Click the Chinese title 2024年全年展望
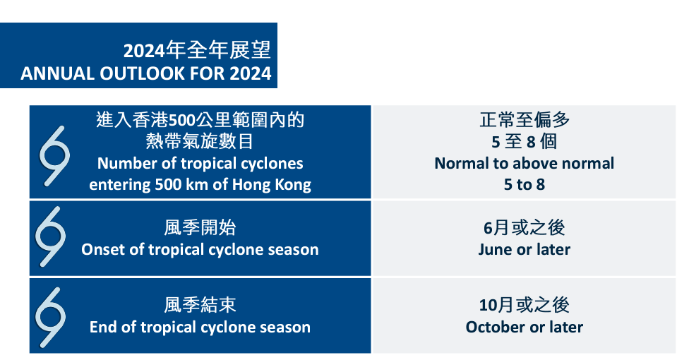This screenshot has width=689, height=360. pos(197,50)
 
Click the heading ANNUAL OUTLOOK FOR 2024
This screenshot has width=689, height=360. pos(146,73)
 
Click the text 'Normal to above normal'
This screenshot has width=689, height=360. pos(525,163)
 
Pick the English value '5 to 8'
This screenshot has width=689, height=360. pos(525,184)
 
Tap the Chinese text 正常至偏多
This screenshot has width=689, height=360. pos(525,119)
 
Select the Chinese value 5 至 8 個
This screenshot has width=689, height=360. pos(525,142)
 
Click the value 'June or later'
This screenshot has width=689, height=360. pos(525,249)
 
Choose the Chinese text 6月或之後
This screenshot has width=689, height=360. pos(525,228)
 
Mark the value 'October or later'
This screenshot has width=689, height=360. pos(525,327)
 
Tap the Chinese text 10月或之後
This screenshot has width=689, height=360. pos(525,305)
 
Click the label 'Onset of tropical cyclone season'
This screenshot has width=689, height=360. pos(200,249)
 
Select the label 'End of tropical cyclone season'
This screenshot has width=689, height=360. pos(200,327)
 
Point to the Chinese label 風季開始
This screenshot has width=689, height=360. pos(200,228)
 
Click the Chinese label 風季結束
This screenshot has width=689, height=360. pos(200,305)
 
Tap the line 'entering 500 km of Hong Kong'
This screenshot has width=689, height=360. pos(200,184)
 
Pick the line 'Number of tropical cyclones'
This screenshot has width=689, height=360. pos(200,163)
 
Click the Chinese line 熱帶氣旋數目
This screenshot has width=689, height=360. pos(200,142)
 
